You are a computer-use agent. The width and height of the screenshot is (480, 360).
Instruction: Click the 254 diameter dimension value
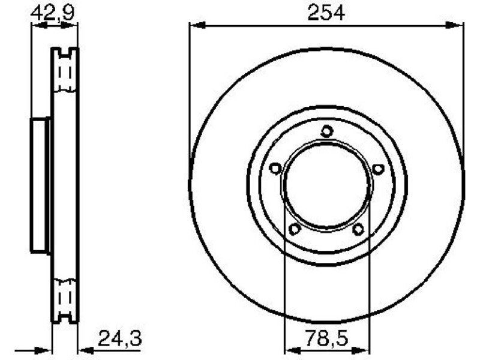coord(326,12)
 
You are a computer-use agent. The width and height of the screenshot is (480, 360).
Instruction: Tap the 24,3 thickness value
coord(119,338)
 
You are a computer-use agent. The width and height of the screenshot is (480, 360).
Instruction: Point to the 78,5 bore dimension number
coord(327,338)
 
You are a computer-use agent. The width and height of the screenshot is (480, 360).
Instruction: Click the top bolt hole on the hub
coord(327,131)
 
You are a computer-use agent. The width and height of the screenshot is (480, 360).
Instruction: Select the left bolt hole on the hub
coord(275,169)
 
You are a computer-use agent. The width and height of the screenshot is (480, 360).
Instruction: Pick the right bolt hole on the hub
coord(379,169)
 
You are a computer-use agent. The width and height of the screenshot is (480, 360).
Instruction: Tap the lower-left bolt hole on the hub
coord(295,229)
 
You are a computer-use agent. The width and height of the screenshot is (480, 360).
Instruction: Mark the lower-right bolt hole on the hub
coord(358,229)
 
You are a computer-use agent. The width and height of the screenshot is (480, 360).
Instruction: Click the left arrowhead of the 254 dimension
coord(197,25)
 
